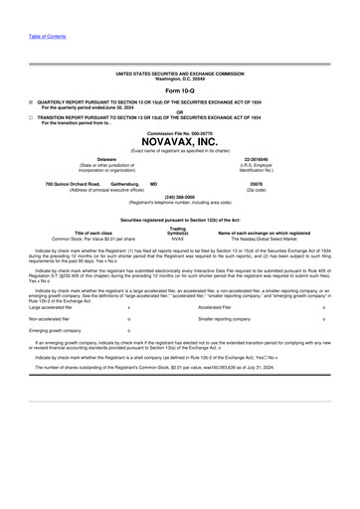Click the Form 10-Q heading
coord(179,90)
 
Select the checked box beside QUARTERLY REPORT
coord(30,100)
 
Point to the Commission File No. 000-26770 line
coord(179,131)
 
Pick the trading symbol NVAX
coord(178,239)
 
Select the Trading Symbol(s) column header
coord(178,230)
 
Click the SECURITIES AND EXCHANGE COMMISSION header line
coord(179,74)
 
